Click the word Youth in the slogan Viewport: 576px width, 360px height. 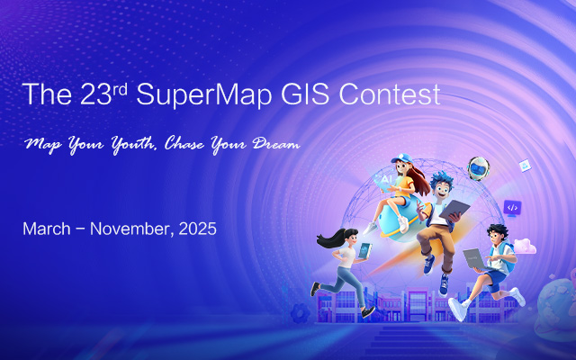tap(125, 144)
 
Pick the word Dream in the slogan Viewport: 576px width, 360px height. tap(274, 144)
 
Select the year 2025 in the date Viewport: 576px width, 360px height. tap(196, 229)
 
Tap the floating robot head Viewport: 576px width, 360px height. tap(478, 167)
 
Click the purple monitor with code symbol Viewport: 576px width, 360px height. tap(512, 208)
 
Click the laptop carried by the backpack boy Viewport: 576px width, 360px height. tap(474, 258)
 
